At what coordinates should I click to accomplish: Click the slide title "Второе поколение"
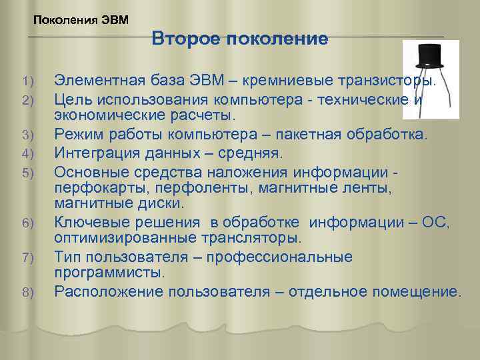coord(239,39)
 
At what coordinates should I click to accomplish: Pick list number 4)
coord(27,155)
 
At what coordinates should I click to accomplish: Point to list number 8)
coord(27,292)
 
